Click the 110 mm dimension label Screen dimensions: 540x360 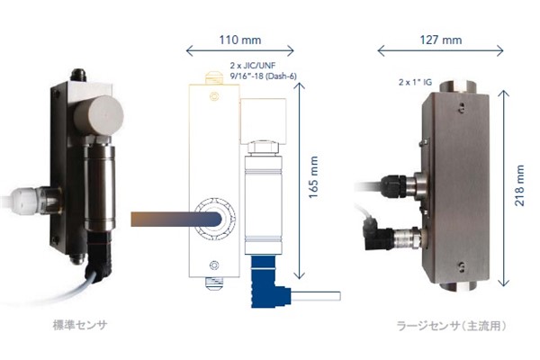240,40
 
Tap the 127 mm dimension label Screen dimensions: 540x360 441,40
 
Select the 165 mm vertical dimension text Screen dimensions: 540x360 313,177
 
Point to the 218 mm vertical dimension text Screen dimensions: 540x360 519,185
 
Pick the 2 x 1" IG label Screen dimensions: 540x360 415,82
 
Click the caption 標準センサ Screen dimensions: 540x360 80,325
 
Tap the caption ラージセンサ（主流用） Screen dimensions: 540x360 452,326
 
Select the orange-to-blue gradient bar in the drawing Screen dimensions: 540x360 176,219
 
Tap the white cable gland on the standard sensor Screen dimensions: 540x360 25,201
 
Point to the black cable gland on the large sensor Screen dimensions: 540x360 393,186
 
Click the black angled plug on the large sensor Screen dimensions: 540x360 377,234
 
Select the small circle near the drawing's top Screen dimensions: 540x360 214,96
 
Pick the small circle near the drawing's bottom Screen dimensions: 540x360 214,265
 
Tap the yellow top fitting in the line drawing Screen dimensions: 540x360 214,78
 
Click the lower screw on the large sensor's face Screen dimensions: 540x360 462,266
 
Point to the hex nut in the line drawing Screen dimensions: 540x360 263,148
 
